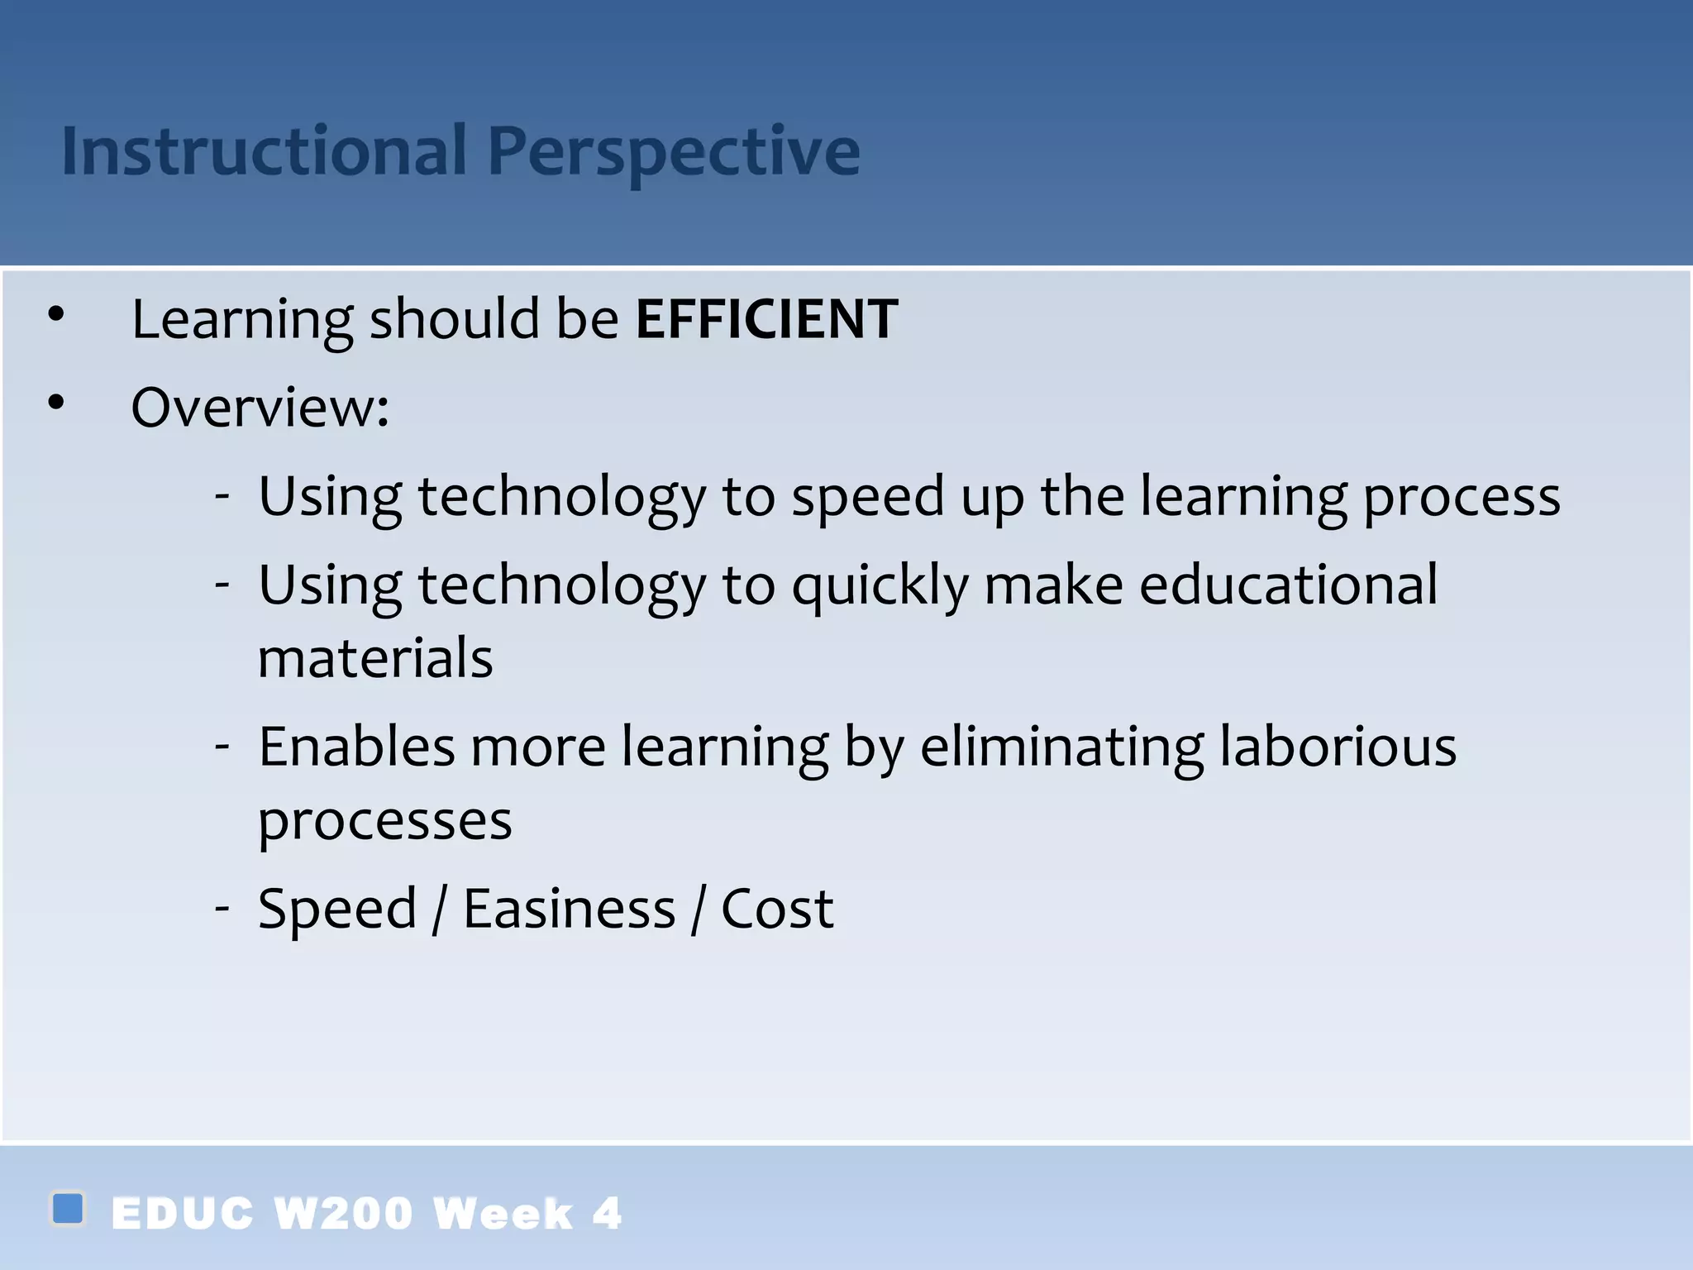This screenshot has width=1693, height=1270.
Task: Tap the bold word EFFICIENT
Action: (766, 319)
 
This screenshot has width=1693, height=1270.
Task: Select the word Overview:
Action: (260, 408)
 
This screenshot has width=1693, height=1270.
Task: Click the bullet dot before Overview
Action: (55, 403)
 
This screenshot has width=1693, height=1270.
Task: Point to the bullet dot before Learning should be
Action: (55, 314)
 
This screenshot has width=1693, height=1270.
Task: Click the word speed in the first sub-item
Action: (867, 499)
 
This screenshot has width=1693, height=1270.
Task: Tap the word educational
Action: (1288, 585)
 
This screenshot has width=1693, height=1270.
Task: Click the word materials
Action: (375, 659)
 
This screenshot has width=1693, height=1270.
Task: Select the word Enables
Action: (356, 747)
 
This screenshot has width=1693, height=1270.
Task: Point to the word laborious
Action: (1338, 747)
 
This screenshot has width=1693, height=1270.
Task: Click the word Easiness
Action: (569, 909)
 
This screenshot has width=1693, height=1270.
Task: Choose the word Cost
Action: (776, 909)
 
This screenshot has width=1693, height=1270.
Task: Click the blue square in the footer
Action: (68, 1208)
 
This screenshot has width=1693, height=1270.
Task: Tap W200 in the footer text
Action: (342, 1214)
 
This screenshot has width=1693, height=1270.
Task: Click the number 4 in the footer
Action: (607, 1214)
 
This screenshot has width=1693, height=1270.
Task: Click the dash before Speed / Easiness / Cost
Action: (222, 908)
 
